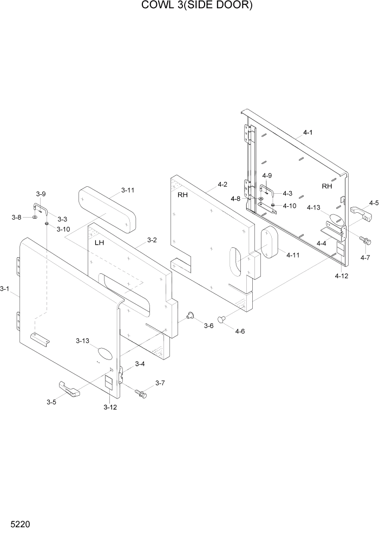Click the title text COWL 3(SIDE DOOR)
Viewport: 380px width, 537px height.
click(x=189, y=6)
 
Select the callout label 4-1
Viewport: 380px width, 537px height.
click(x=308, y=132)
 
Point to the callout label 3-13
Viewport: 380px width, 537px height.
click(x=82, y=340)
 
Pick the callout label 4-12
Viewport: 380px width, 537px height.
click(x=341, y=276)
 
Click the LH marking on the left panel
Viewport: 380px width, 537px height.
click(x=99, y=243)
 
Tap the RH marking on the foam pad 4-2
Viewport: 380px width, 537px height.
click(x=182, y=195)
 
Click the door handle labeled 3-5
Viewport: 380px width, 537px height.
click(x=69, y=389)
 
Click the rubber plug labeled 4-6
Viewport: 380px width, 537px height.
click(x=222, y=320)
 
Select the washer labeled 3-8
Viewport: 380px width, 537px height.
click(x=35, y=218)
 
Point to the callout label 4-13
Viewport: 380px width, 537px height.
click(x=313, y=207)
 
